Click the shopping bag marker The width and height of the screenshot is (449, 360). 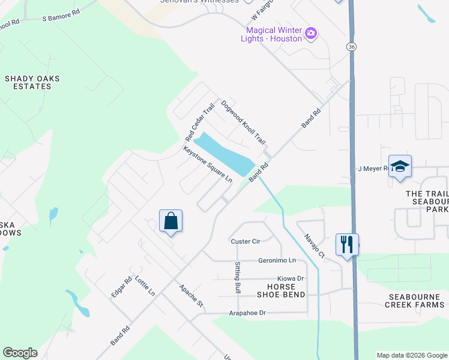pyautogui.click(x=170, y=221)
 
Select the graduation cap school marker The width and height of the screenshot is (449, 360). pyautogui.click(x=400, y=167)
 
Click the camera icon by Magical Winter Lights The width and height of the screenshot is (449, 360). pyautogui.click(x=311, y=34)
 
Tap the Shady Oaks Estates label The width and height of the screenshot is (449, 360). pyautogui.click(x=28, y=82)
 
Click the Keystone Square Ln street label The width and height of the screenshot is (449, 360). pyautogui.click(x=208, y=164)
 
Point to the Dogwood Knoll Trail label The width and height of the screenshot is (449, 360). pyautogui.click(x=243, y=122)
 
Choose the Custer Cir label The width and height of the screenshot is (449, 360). pyautogui.click(x=246, y=241)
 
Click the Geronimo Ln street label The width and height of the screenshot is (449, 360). pyautogui.click(x=277, y=260)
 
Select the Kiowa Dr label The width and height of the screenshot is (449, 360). pyautogui.click(x=291, y=278)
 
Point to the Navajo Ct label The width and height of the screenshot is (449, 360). pyautogui.click(x=314, y=246)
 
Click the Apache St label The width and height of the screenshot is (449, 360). pyautogui.click(x=191, y=296)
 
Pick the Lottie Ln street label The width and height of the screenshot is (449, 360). pyautogui.click(x=145, y=286)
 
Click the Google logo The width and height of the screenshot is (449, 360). pyautogui.click(x=20, y=353)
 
